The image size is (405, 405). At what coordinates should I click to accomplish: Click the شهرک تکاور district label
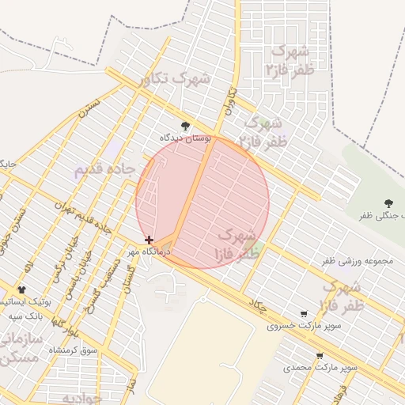tap(173, 80)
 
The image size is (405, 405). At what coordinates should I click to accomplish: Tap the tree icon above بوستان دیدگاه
tap(185, 125)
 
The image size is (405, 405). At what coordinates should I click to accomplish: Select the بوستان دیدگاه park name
tap(186, 138)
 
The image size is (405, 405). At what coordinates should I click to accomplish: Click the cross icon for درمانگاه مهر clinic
tap(149, 240)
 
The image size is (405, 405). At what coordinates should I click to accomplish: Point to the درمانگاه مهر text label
tap(150, 252)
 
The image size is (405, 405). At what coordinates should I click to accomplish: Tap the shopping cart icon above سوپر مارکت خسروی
tap(304, 314)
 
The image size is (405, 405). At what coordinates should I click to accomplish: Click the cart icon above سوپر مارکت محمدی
tap(320, 357)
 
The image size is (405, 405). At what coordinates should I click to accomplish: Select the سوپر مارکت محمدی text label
tap(320, 368)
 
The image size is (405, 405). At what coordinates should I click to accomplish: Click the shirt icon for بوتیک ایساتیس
tap(21, 290)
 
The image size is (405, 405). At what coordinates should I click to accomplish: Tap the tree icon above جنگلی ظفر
tap(388, 203)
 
